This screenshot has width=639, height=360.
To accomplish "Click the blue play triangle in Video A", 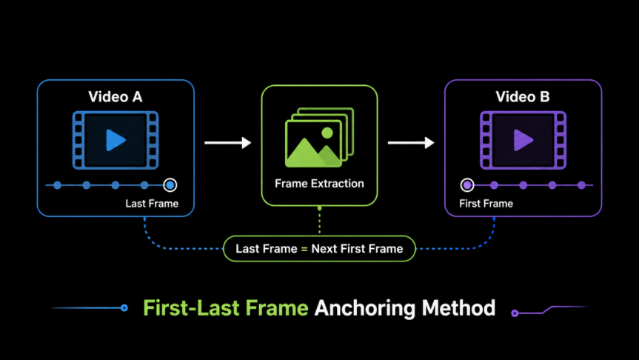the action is pos(116,140).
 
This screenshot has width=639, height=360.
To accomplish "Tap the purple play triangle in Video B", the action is pos(523,140).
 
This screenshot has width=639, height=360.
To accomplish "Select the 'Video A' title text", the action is pos(116,96).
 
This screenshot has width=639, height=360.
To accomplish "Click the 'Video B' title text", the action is pos(523,96).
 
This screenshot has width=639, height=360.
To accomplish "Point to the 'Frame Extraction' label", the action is pos(319,184).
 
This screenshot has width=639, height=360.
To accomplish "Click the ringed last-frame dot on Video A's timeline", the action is pos(170,185).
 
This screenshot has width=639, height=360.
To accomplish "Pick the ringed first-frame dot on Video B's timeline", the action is pos(467,185).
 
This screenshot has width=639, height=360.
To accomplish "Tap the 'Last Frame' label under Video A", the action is pos(152,204).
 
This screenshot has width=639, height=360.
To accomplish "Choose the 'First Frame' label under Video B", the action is pos(486,204).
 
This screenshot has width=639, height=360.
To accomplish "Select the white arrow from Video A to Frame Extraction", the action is pos(227,143).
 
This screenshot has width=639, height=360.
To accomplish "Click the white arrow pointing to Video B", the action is pos(411,143).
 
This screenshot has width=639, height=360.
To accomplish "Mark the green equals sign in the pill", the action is pos(304,249).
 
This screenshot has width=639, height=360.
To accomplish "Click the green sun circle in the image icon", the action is pos(327,133).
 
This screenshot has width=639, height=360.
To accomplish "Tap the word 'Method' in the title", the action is pos(458,308).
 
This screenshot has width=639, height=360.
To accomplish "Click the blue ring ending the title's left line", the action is pos(124,308).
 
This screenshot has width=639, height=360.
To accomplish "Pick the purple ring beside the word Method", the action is pos(515,313).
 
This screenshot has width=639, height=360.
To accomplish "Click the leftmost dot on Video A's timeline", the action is pos(58,185).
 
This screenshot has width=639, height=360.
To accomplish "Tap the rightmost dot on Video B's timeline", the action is pos(581,185).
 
